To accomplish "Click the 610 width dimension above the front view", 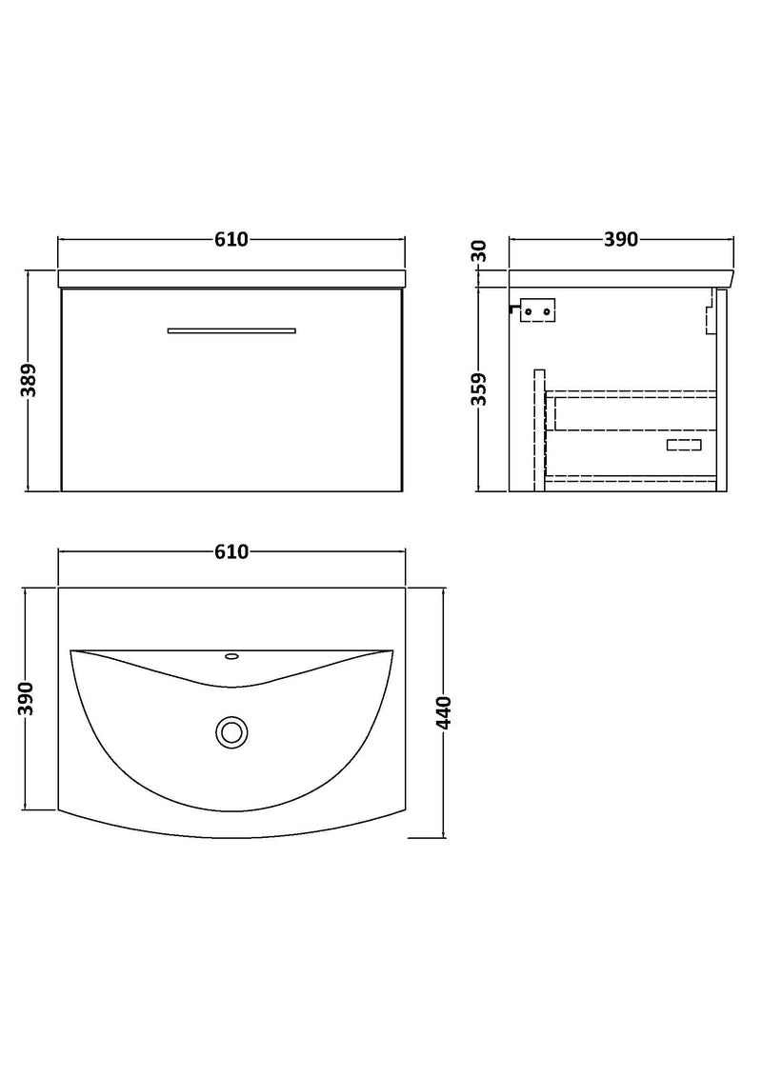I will point(231,240).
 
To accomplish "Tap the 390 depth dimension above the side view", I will point(620,240).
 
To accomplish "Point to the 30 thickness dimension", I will point(478,251).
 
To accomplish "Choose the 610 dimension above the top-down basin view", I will point(231,552).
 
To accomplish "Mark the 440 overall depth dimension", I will point(444,712).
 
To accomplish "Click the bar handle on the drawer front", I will point(231,330).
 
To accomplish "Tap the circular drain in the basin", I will point(231,732).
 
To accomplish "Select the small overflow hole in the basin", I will point(231,656).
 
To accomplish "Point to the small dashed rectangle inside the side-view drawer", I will point(683,445).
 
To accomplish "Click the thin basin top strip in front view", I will point(231,279).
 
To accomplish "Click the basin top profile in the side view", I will point(620,278).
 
